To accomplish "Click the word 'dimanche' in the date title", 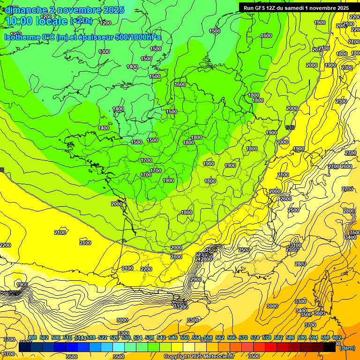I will click(x=24, y=9).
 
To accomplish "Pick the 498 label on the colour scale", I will click(x=32, y=338).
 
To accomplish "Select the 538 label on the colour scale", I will click(x=150, y=338).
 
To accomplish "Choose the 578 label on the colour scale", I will click(x=267, y=338).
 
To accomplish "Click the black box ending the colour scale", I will click(x=330, y=347).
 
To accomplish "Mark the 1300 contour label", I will click(x=104, y=52).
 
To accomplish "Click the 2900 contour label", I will click(x=196, y=279).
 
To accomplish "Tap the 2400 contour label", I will click(x=127, y=268).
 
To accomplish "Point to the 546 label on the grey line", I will click(x=290, y=127).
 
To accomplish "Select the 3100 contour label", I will click(x=295, y=245).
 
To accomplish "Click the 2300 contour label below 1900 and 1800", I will click(x=346, y=67).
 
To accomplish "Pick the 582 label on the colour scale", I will click(x=278, y=338).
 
